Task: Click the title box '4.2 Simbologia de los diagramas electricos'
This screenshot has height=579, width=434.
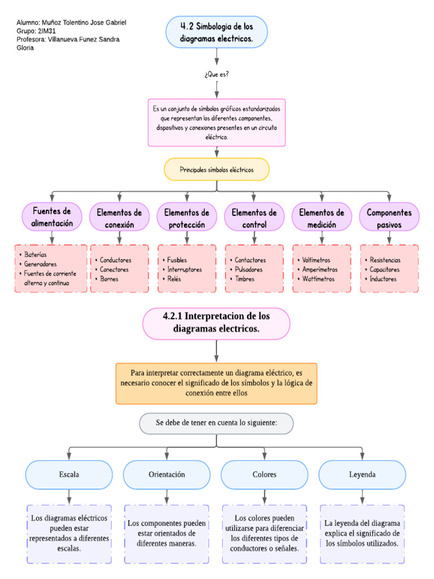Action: coord(216,32)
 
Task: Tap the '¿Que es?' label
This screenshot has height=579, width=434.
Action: coord(216,74)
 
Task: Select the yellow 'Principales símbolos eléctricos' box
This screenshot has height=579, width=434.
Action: coord(216,170)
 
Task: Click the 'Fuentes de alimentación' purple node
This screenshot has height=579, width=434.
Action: coord(52,217)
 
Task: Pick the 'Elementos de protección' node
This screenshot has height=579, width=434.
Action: coord(186,218)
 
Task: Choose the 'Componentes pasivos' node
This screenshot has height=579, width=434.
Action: coord(389,218)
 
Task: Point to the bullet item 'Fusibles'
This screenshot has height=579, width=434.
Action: coord(178,260)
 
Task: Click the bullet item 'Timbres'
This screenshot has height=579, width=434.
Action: coord(245,279)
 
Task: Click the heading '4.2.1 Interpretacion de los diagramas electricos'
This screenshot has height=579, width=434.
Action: coord(216,323)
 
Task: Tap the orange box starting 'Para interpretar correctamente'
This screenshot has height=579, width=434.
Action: coord(216,383)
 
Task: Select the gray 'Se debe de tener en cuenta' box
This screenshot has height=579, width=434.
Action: coord(216,423)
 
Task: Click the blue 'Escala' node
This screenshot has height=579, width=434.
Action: coord(69,474)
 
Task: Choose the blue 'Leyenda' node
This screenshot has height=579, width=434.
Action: coord(362,474)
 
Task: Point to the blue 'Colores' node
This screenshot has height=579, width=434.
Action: coord(264,474)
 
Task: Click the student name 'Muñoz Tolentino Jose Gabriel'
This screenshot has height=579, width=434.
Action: coord(84,22)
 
